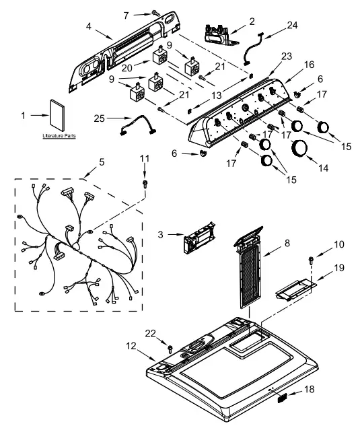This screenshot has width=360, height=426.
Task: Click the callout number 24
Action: click(x=292, y=25)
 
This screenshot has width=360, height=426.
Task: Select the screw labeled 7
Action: click(x=155, y=13)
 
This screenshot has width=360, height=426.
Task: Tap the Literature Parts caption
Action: click(x=59, y=135)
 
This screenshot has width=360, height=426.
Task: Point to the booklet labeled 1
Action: click(x=58, y=115)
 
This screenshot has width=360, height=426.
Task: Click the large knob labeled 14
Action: click(x=299, y=149)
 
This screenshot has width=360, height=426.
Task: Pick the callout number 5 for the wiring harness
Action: click(x=102, y=162)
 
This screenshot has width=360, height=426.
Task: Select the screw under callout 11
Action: click(x=145, y=184)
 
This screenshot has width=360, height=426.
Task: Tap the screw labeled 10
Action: click(x=311, y=260)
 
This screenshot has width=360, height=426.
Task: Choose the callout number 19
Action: click(x=339, y=268)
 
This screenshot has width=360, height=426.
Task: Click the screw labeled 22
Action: click(x=170, y=349)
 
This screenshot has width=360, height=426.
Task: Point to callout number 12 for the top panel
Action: click(x=131, y=346)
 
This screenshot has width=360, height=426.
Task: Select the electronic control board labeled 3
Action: click(x=200, y=238)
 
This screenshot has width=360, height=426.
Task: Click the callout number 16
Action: click(x=309, y=65)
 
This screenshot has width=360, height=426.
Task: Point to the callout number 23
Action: click(x=287, y=57)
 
